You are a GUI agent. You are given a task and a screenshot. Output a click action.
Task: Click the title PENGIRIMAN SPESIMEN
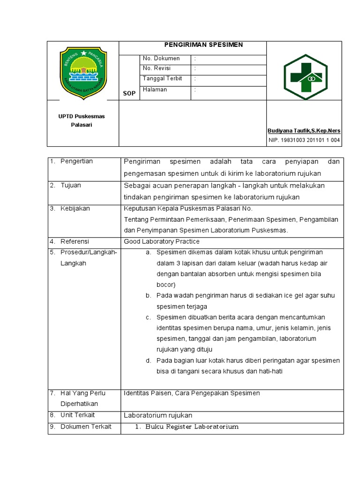point(203,45)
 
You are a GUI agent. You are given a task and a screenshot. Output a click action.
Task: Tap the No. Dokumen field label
point(161,59)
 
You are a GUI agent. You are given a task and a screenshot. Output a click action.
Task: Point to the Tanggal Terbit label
point(162,79)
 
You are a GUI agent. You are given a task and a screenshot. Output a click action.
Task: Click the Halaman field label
point(155,90)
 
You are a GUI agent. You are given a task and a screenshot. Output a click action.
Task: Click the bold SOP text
point(129,93)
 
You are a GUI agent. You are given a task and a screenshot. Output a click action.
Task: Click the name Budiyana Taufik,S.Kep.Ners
point(304,130)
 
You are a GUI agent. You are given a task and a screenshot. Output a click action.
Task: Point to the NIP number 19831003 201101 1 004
point(304,140)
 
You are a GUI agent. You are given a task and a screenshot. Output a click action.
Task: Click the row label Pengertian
point(77,161)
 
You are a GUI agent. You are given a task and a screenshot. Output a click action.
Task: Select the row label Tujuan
point(71,185)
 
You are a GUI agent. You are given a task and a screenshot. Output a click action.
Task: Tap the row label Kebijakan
point(75,209)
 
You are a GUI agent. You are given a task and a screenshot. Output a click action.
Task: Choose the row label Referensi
point(75,241)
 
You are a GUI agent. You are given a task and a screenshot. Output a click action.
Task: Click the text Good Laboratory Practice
point(161,241)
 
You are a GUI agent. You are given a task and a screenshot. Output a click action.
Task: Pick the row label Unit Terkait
point(77,415)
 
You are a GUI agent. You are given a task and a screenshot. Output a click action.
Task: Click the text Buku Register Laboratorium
point(192,427)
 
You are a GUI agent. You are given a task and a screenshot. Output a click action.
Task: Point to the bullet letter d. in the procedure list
point(148,360)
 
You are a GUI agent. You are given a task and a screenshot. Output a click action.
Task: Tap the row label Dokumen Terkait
point(86,427)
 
